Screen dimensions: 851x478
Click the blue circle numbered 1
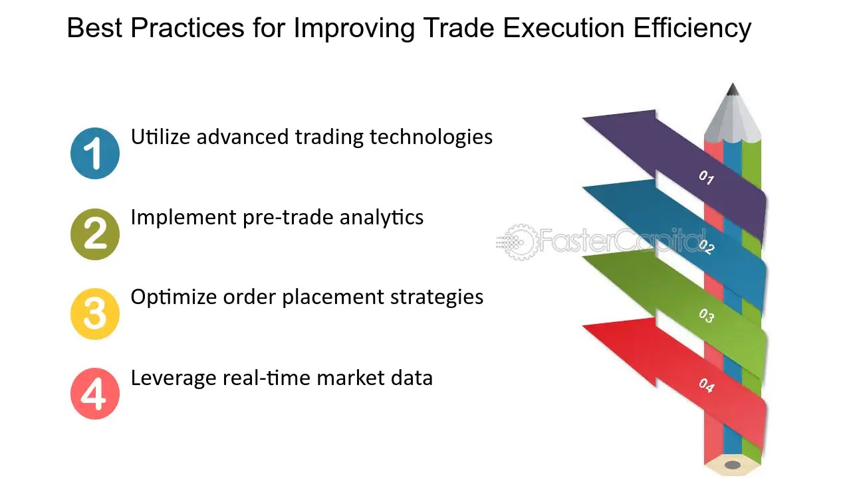pos(95,153)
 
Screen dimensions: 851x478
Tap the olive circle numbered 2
pos(95,234)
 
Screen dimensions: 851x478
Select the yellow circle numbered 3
pos(95,314)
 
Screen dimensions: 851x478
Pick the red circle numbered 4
pos(95,394)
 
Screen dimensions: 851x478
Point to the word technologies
pos(431,138)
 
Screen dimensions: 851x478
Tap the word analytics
pos(382,218)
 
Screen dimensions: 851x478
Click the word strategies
pos(437,298)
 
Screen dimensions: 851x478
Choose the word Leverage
pos(174,379)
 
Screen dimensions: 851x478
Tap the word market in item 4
pos(350,378)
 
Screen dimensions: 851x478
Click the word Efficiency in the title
pos(692,29)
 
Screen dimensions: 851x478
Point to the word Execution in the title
pos(564,28)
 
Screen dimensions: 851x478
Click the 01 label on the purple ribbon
pos(706,177)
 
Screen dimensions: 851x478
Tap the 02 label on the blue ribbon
pos(706,246)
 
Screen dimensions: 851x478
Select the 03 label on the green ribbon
pos(706,315)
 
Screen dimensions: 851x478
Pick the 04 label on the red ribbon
pos(706,386)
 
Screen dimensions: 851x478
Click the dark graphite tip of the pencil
pos(733,90)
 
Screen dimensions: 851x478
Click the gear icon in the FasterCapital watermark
pos(521,242)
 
